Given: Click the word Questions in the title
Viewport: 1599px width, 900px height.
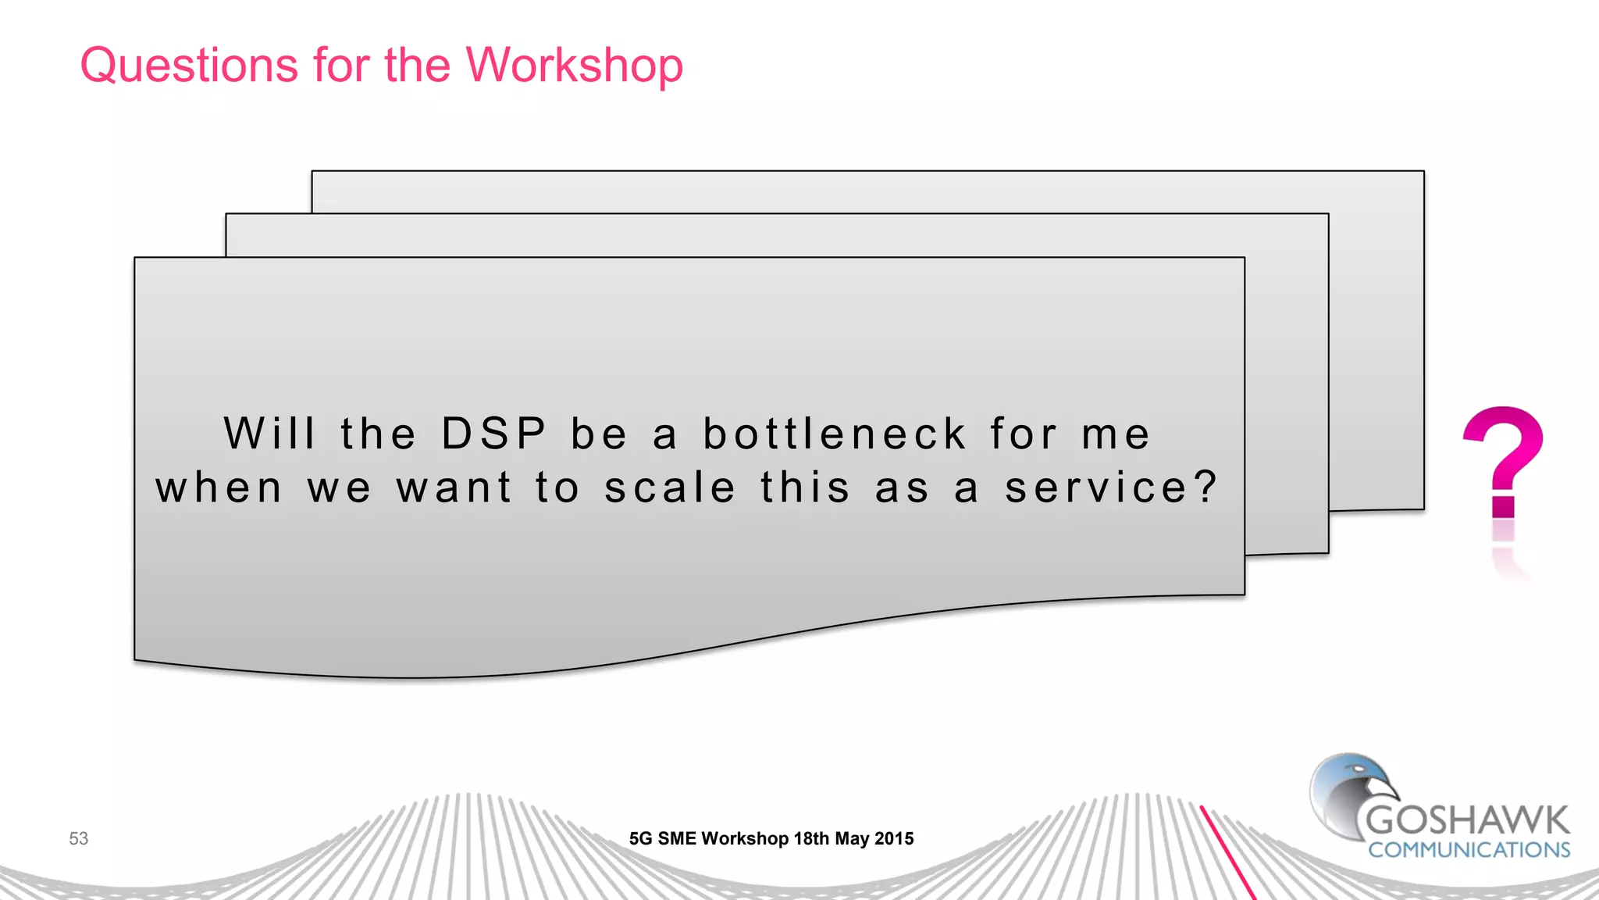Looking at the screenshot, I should [189, 66].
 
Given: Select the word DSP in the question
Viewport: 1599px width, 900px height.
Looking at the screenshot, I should [494, 434].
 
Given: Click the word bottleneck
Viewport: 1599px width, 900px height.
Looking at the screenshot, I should [835, 434].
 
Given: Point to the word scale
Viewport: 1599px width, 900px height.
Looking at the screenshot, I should [671, 488].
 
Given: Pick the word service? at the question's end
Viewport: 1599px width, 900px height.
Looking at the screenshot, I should [1110, 488].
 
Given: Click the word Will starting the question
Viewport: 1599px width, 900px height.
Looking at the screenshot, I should [270, 434].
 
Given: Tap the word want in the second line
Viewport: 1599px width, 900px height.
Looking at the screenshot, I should [454, 488].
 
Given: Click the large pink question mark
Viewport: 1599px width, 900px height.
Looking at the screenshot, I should [1502, 461].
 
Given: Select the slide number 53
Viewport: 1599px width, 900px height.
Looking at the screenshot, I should [79, 838].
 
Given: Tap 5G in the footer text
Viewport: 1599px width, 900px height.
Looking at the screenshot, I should [640, 838].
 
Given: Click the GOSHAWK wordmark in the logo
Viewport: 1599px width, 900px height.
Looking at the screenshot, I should [1467, 820].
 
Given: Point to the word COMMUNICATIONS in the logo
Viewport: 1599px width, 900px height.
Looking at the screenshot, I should [1469, 850].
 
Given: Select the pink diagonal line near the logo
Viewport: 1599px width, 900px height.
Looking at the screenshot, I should [1227, 852].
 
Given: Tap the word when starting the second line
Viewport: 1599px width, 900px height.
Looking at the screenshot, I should [219, 488].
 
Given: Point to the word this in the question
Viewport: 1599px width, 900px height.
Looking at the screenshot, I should [805, 488].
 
